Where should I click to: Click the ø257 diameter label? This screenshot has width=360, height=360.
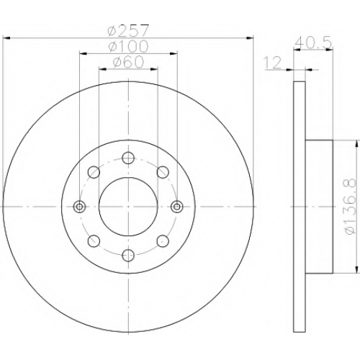[128, 31]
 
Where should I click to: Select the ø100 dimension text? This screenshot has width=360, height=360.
[128, 46]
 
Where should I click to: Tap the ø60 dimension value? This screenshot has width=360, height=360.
[128, 62]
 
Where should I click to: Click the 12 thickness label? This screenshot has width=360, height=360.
[272, 63]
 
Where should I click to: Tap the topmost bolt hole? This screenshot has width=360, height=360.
[128, 158]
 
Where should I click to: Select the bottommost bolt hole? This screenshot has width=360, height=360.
[128, 256]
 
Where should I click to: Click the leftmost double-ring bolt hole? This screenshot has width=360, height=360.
[79, 207]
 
